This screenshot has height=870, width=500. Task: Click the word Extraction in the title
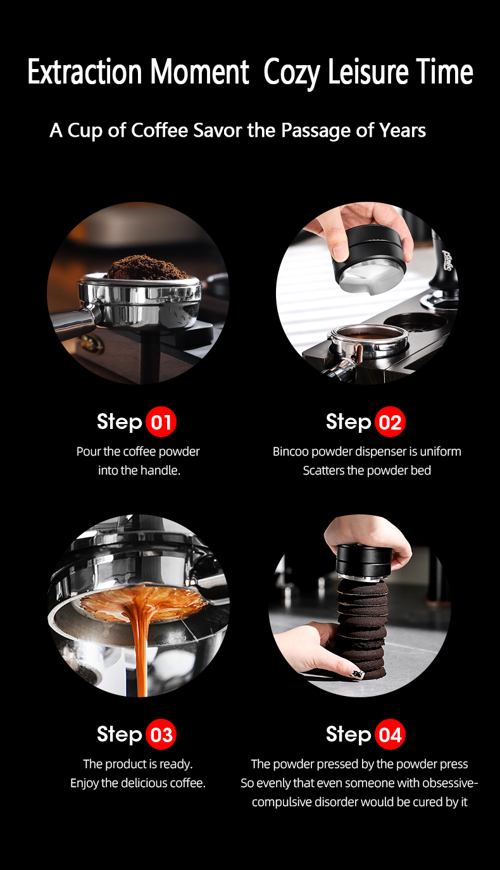click(x=85, y=71)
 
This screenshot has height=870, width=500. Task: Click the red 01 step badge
click(x=161, y=422)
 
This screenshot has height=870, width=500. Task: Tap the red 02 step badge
click(x=390, y=422)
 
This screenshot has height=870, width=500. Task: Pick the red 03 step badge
click(x=161, y=734)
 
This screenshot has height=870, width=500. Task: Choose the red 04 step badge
click(x=390, y=734)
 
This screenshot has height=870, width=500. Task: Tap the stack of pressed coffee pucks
click(x=362, y=629)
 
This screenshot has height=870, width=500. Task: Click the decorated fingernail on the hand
click(x=356, y=673)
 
